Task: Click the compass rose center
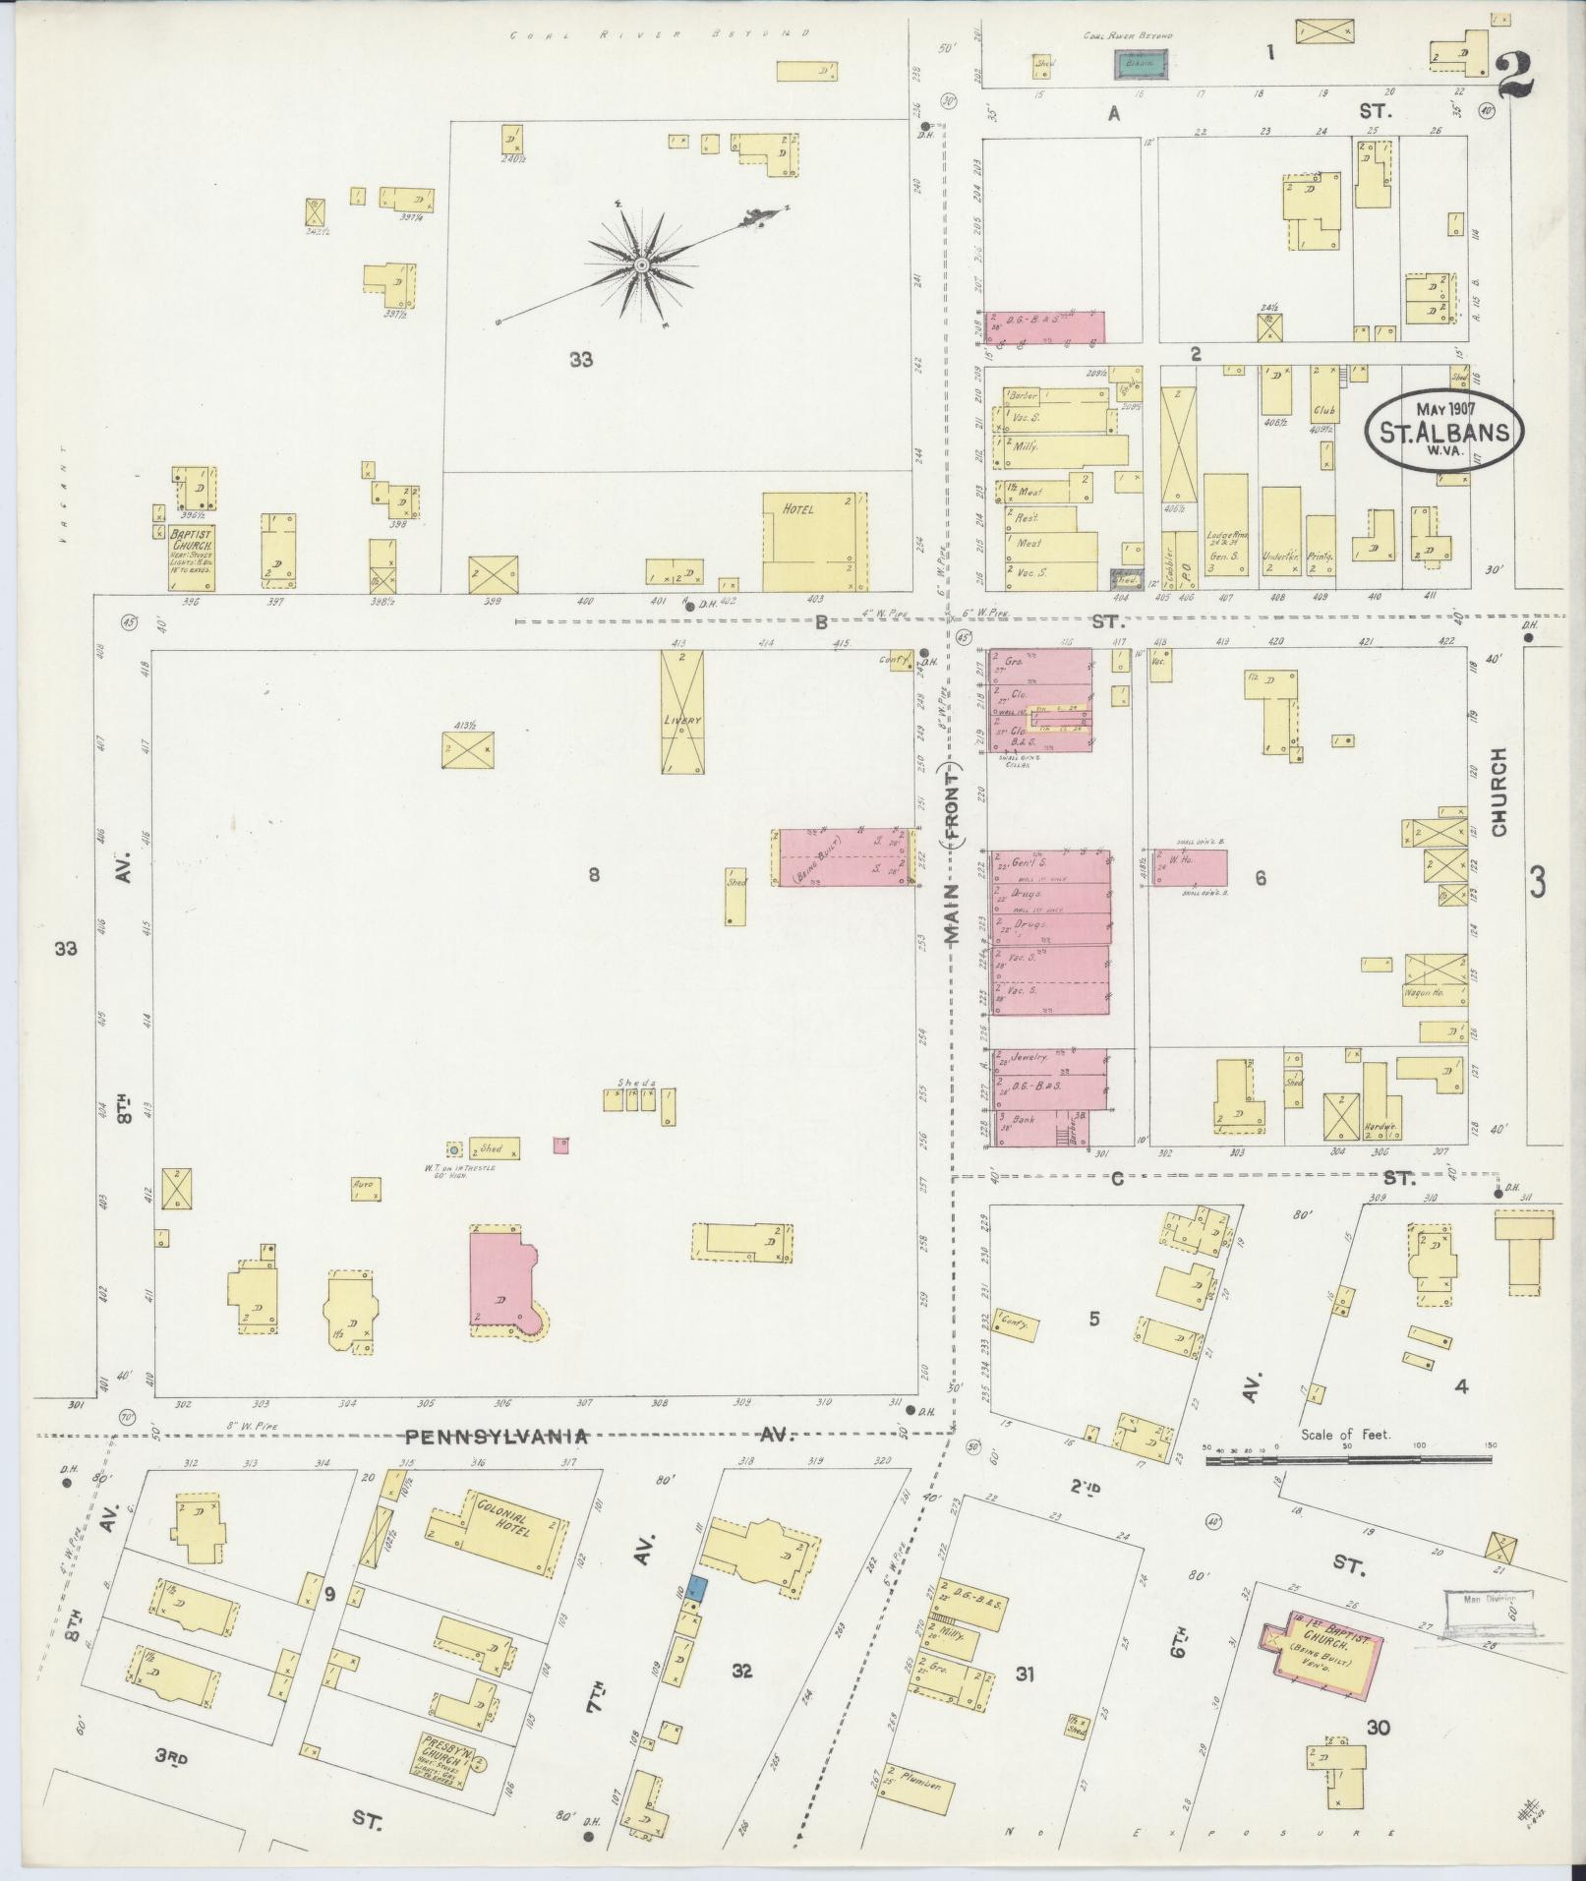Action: pyautogui.click(x=641, y=265)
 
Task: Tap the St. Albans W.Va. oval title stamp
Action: pyautogui.click(x=1443, y=433)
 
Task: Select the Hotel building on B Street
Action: pyautogui.click(x=814, y=540)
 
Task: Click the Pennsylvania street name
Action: pyautogui.click(x=498, y=1437)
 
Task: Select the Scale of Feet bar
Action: pyautogui.click(x=1346, y=1461)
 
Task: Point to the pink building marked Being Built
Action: pyautogui.click(x=846, y=857)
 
